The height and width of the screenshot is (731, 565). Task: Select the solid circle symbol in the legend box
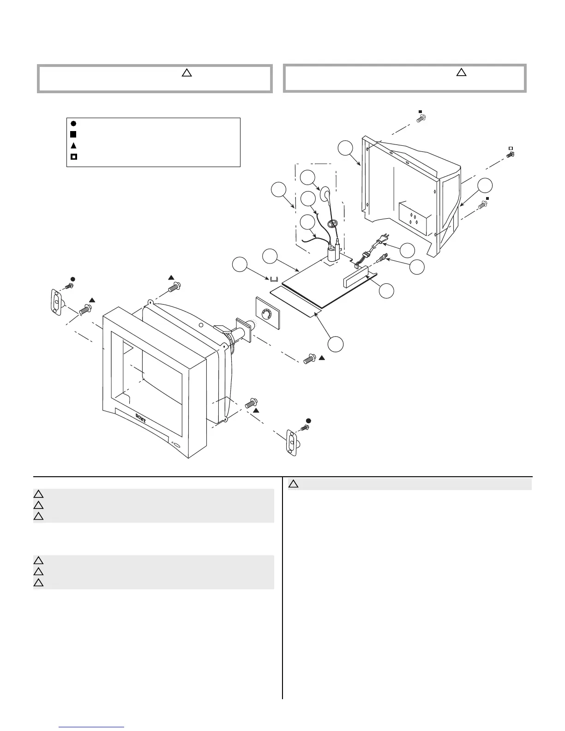tap(73, 123)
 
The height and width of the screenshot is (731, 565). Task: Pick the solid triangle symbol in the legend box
tap(73, 145)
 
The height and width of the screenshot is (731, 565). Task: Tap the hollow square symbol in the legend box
tap(73, 156)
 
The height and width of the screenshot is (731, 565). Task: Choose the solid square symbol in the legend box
tap(73, 134)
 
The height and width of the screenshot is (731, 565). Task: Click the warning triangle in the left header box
tap(186, 72)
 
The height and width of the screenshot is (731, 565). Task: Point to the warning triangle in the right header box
tap(461, 72)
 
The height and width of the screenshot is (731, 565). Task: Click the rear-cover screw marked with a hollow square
tap(510, 155)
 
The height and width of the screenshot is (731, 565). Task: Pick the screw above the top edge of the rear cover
tap(420, 119)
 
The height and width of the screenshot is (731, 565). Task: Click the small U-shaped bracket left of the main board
tap(274, 279)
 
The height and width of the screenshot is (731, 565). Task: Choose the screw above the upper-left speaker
tap(69, 286)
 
